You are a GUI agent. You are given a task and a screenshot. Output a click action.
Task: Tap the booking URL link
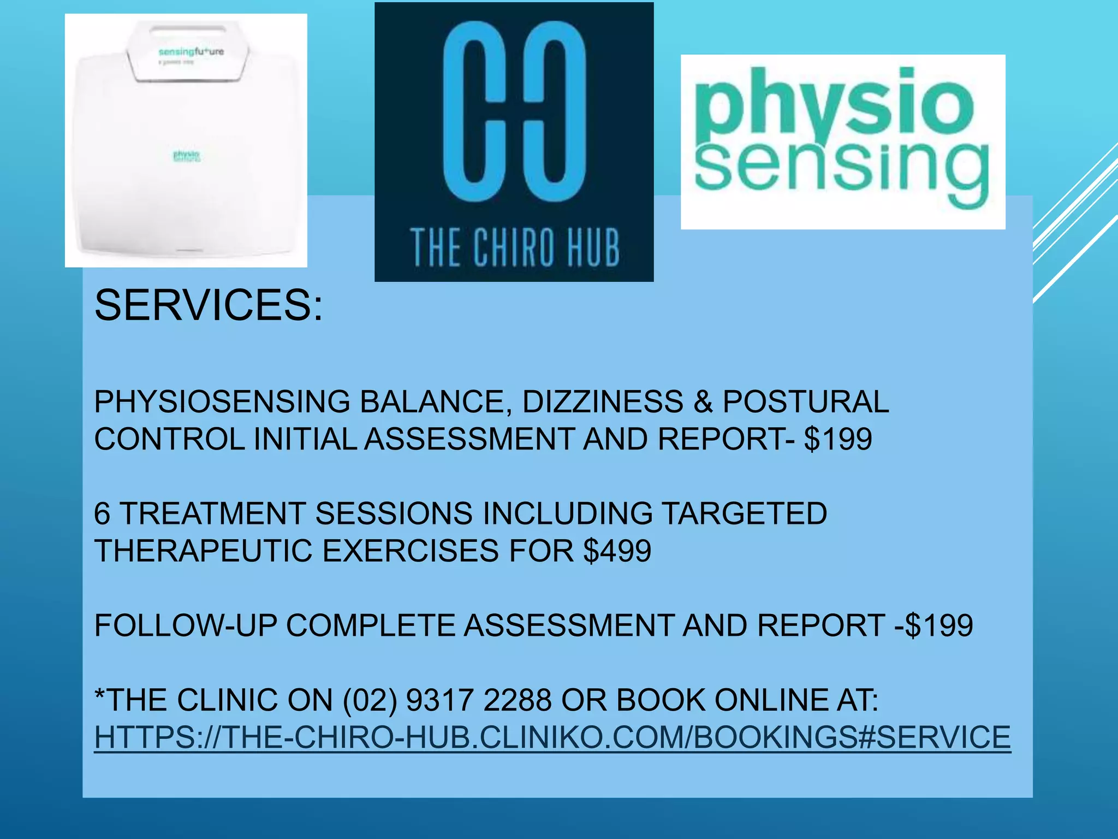point(552,737)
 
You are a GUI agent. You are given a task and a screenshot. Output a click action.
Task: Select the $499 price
point(617,550)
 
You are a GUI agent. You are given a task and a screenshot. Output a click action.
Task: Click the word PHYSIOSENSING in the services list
point(222,402)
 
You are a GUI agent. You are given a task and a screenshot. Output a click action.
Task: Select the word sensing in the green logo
point(841,169)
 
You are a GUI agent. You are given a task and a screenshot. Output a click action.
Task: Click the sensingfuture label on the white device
point(191,52)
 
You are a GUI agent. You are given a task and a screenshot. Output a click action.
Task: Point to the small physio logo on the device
point(187,156)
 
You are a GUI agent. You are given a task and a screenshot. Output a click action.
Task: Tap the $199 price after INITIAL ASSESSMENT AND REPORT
point(838,439)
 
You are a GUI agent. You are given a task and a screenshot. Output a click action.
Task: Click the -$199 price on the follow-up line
point(933,625)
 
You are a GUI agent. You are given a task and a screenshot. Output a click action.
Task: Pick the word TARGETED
point(745,513)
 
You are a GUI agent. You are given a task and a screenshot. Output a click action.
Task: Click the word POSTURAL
point(806,402)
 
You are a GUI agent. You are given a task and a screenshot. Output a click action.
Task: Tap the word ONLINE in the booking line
point(770,700)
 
